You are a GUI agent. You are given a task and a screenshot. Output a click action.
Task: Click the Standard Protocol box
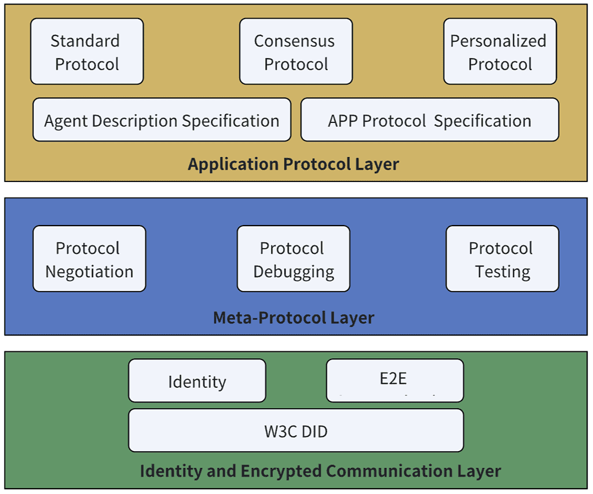click(x=87, y=52)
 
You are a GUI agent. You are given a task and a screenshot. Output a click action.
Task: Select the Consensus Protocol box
click(x=296, y=52)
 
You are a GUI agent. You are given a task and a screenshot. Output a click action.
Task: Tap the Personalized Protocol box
click(x=500, y=52)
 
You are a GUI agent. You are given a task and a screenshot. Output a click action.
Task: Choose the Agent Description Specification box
click(x=162, y=120)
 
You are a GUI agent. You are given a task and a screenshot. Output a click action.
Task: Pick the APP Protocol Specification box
click(x=430, y=120)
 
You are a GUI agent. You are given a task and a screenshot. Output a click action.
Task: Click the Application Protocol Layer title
click(x=293, y=164)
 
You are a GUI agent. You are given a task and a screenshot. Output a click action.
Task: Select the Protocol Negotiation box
click(x=89, y=259)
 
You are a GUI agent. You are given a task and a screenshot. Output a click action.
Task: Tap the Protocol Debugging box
click(x=293, y=259)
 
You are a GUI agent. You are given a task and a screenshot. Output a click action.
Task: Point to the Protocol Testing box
click(x=502, y=259)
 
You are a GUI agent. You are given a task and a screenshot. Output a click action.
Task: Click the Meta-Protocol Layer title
click(x=294, y=318)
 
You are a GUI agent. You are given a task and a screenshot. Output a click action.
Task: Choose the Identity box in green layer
click(x=197, y=381)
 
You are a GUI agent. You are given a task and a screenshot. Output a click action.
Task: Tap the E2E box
click(x=394, y=380)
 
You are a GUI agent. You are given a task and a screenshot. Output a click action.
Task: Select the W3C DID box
click(x=295, y=431)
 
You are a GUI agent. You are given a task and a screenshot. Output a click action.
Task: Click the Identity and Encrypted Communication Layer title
click(x=320, y=470)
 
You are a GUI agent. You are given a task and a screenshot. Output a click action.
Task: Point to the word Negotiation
click(x=89, y=271)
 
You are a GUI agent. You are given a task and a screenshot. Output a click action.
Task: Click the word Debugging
click(x=294, y=271)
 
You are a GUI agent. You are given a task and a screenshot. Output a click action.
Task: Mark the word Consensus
click(x=294, y=41)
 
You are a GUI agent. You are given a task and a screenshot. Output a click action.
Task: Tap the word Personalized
click(x=498, y=41)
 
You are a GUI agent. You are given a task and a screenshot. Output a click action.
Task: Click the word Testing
click(x=502, y=271)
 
